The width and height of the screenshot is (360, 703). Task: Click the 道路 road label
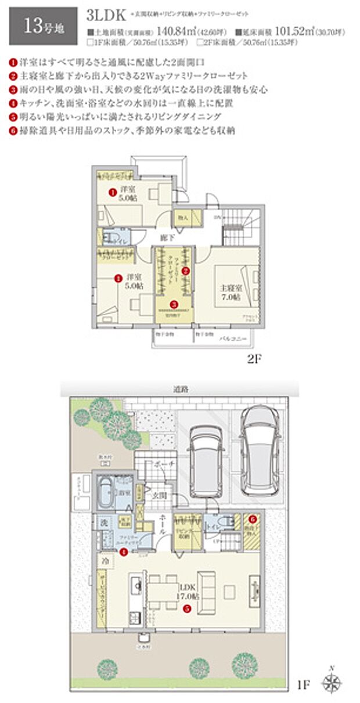[181, 389]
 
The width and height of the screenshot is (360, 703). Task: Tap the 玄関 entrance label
[160, 495]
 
